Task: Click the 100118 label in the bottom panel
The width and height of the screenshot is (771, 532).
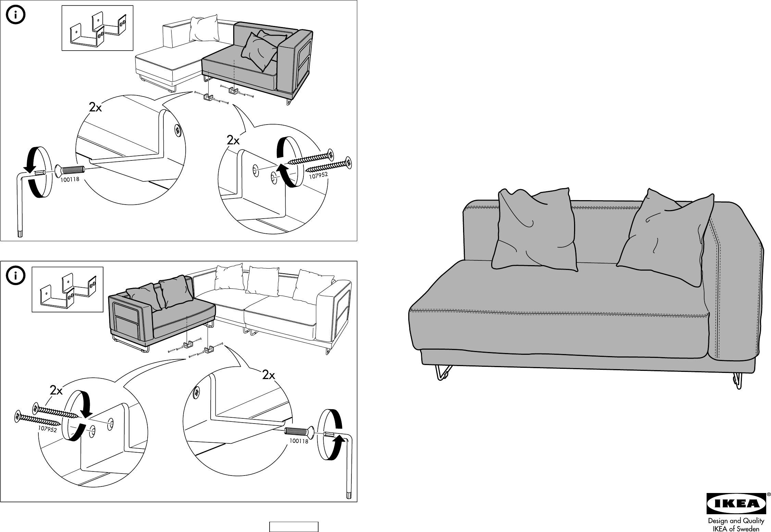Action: click(x=299, y=441)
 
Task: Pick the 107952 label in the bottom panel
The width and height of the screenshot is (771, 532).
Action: click(x=47, y=429)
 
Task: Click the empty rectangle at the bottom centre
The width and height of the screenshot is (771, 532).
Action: click(x=294, y=527)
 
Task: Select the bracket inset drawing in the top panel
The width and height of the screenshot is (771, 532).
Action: click(x=97, y=28)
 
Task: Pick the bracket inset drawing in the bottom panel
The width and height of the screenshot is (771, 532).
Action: click(x=67, y=289)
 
